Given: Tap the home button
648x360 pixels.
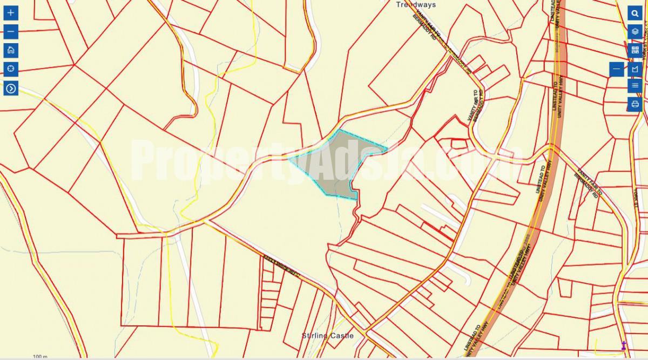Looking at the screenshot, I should pyautogui.click(x=11, y=50).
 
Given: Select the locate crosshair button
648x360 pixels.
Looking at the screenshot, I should pyautogui.click(x=11, y=69).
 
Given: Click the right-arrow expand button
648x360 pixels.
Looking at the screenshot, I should pyautogui.click(x=11, y=88).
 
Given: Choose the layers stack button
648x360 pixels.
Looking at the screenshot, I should pyautogui.click(x=635, y=31).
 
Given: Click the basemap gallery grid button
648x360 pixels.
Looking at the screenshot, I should pyautogui.click(x=635, y=50).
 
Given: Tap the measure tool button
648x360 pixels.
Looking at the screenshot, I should pyautogui.click(x=635, y=69).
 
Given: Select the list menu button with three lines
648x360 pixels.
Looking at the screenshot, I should pyautogui.click(x=635, y=85).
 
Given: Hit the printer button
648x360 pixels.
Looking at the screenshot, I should pyautogui.click(x=635, y=104).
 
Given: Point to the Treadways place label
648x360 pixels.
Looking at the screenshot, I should pyautogui.click(x=416, y=4).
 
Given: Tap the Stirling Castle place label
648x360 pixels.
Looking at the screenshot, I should pyautogui.click(x=327, y=336).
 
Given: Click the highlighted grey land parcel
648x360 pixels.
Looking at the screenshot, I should pyautogui.click(x=340, y=162).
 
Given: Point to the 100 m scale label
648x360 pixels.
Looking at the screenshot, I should pyautogui.click(x=40, y=357).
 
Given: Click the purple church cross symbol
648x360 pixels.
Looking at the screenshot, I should pyautogui.click(x=624, y=345).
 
